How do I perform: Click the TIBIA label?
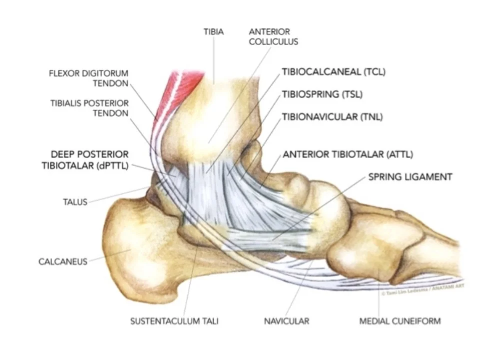tap(213, 31)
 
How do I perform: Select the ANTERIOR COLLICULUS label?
tap(273, 36)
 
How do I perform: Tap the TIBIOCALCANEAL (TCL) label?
tap(334, 71)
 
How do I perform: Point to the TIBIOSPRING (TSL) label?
tap(322, 94)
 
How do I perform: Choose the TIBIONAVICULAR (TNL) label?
tap(329, 117)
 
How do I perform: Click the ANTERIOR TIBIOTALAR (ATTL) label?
tap(348, 154)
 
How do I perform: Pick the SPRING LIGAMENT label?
tap(410, 176)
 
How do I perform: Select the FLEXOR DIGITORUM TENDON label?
tap(88, 78)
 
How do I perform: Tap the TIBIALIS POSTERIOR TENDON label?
tap(89, 107)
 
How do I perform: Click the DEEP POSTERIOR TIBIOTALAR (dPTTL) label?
tap(89, 160)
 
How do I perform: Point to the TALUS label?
tap(75, 202)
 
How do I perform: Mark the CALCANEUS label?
tap(62, 261)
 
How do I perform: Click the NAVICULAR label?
tap(287, 320)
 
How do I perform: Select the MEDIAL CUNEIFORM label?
tap(400, 320)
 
